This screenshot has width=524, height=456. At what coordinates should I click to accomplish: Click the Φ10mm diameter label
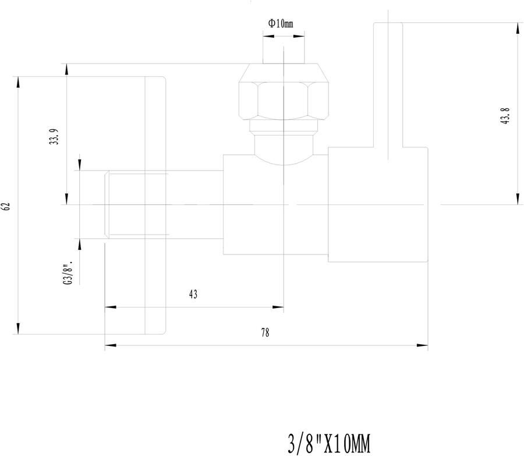click(x=281, y=23)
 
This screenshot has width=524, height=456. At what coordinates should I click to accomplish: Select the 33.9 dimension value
click(x=54, y=136)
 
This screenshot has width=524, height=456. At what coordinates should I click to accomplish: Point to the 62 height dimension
click(x=7, y=206)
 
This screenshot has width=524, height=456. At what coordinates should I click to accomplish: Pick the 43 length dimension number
click(x=193, y=294)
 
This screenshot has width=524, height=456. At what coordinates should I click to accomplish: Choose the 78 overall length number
click(x=265, y=333)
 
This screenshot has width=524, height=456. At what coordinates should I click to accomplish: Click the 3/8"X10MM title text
click(x=329, y=444)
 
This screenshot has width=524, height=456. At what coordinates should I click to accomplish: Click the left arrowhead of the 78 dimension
click(x=111, y=345)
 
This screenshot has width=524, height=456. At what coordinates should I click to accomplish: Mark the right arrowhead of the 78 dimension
click(x=422, y=345)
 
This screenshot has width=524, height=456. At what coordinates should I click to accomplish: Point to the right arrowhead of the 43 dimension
click(x=278, y=307)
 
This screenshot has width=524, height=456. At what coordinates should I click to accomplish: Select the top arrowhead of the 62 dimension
click(x=18, y=83)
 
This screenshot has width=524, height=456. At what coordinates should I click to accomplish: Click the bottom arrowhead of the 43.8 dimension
click(x=518, y=199)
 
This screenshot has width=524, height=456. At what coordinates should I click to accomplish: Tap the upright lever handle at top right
click(x=388, y=85)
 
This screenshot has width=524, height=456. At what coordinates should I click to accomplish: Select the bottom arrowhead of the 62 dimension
click(x=18, y=328)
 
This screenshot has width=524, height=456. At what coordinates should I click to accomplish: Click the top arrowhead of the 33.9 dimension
click(x=66, y=69)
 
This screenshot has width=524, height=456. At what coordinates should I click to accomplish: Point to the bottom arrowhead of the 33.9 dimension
click(x=66, y=199)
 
